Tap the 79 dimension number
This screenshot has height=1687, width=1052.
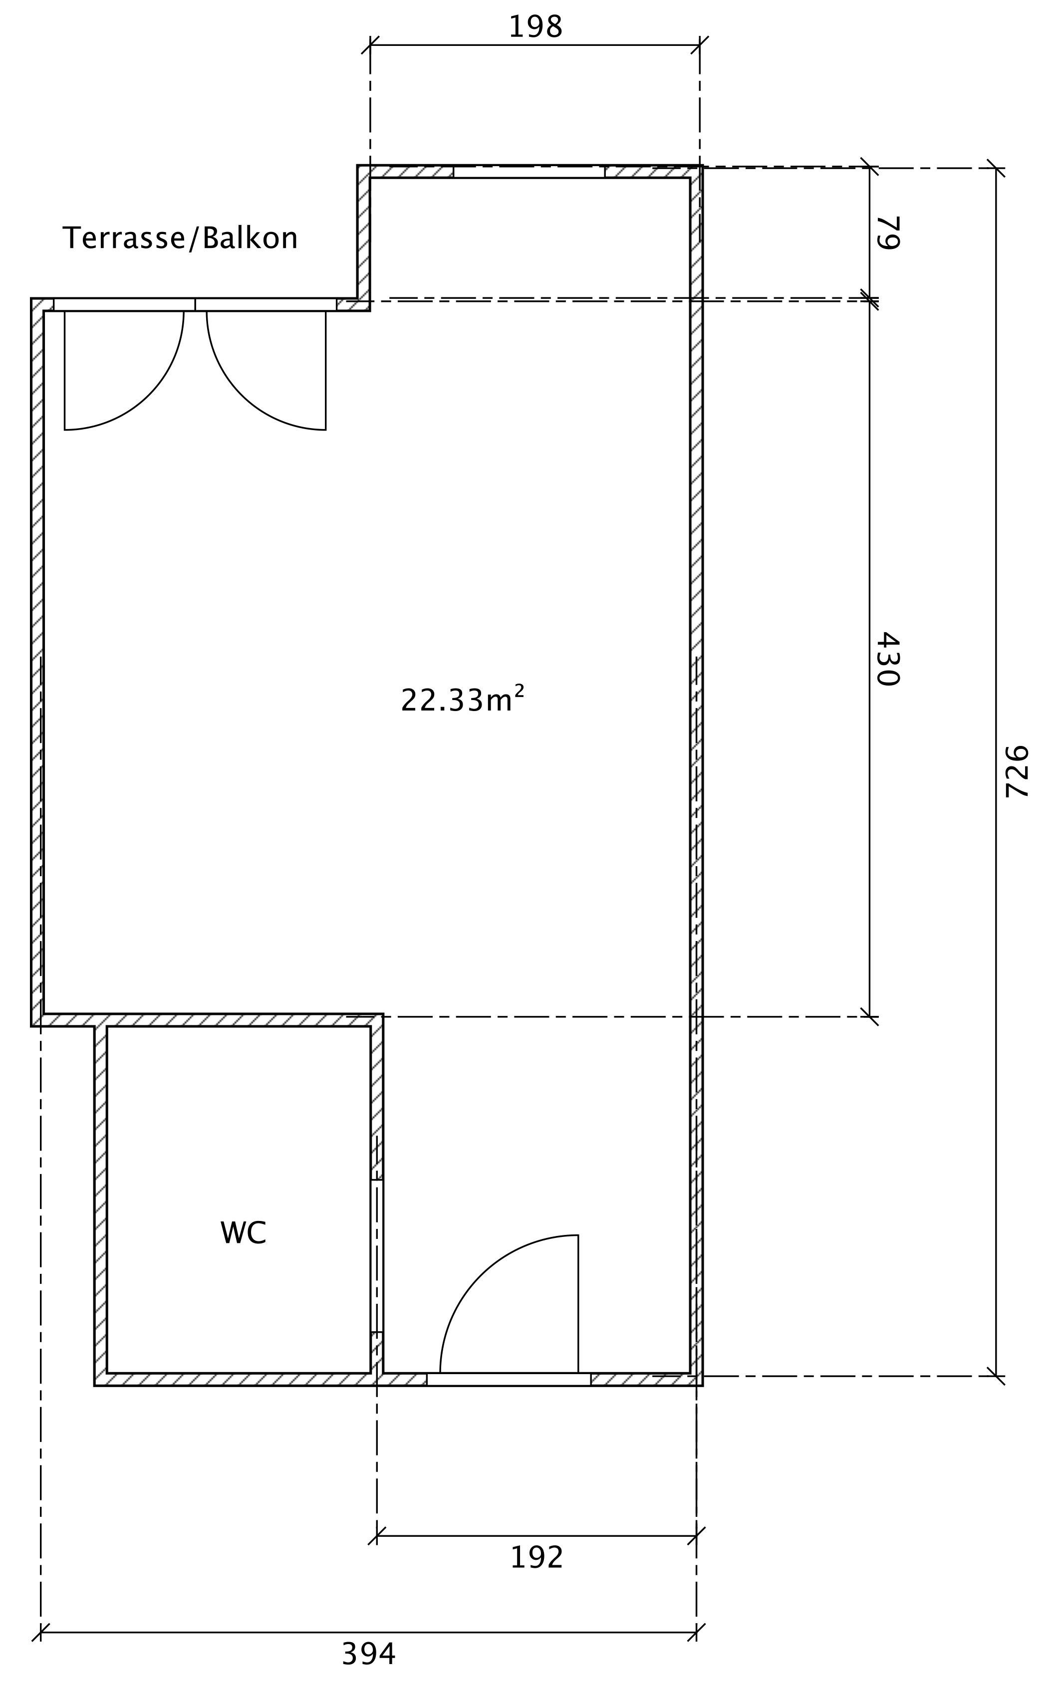tap(888, 233)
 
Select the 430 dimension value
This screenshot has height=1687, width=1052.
tap(888, 659)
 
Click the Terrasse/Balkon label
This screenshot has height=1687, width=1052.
tap(180, 238)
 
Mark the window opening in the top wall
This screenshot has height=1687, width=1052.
tap(529, 172)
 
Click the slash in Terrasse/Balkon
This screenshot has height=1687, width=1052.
tap(194, 238)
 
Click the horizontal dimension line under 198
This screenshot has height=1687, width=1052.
tap(535, 45)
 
